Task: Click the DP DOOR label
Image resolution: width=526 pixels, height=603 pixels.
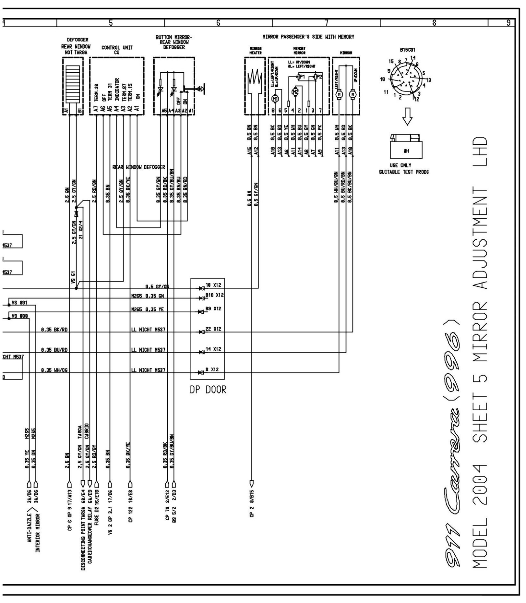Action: coord(208,390)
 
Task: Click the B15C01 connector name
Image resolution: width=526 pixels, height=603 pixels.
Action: coord(407,50)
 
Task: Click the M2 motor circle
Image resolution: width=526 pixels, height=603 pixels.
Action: coord(295,92)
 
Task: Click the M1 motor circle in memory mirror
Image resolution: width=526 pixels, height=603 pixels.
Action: coord(275,98)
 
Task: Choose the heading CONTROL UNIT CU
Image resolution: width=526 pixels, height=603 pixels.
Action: coord(117,50)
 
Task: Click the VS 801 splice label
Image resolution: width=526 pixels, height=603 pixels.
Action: coord(19,302)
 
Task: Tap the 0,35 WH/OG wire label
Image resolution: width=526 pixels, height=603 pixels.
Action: coord(55,370)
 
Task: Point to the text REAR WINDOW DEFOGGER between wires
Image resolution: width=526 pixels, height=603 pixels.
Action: coord(139,167)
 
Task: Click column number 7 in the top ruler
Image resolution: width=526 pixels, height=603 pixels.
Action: coord(326,23)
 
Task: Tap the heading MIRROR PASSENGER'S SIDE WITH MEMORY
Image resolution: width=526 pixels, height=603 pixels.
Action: coord(308,37)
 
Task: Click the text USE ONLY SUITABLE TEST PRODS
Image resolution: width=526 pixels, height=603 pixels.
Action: coord(404,169)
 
